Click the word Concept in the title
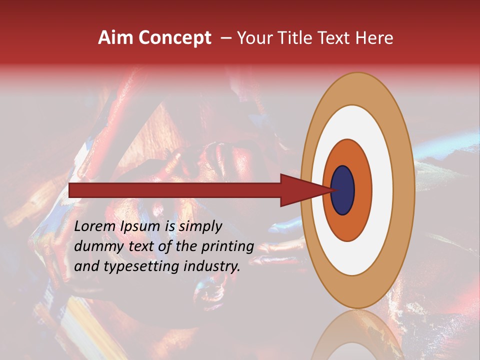(x=174, y=38)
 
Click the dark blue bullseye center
(x=343, y=190)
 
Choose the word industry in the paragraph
(x=212, y=266)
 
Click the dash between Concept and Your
(x=226, y=38)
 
